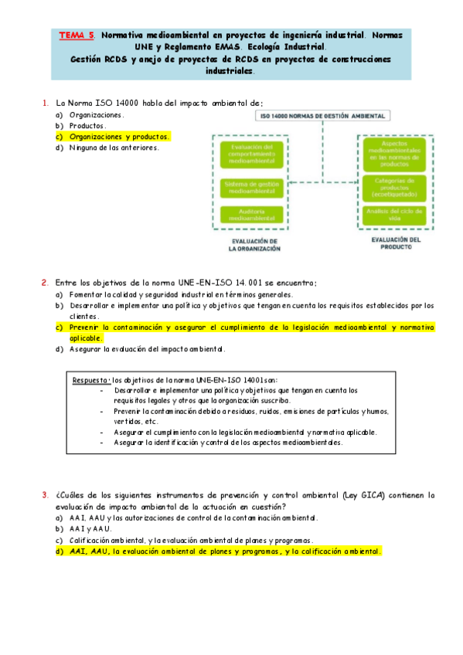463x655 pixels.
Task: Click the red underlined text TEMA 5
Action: coord(77,36)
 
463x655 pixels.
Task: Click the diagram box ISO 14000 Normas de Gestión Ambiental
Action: coord(323,116)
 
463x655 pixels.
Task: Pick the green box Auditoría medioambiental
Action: coord(247,216)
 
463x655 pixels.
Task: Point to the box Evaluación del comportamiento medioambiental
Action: coord(247,157)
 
